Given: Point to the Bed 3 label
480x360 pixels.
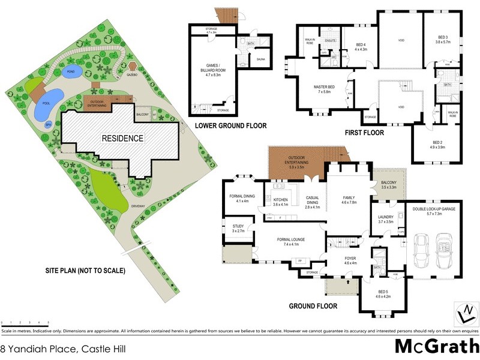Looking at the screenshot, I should [x=442, y=41].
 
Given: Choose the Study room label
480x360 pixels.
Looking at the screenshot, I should [x=238, y=228].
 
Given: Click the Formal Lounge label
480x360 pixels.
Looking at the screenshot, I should [x=292, y=242].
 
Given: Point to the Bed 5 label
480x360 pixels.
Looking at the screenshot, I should [x=383, y=294].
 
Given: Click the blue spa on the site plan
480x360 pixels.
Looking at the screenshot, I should [x=49, y=125].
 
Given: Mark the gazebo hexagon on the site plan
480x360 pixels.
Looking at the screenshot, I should [x=133, y=67].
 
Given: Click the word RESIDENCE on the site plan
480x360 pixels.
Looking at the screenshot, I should [x=122, y=138].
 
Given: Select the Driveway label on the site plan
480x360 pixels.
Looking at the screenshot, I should [x=140, y=206].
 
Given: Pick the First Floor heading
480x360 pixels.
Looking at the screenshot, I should [x=365, y=133].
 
